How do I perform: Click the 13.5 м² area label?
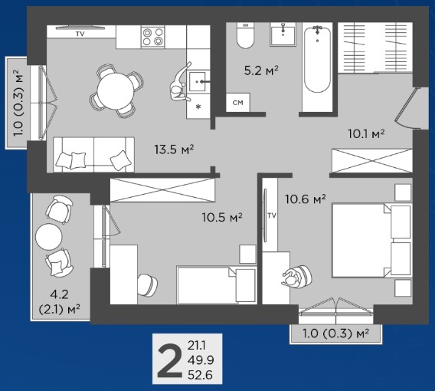[174, 149]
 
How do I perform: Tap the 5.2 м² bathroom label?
[261, 71]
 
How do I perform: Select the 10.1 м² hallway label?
[366, 134]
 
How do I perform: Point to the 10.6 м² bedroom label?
[306, 199]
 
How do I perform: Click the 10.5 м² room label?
[222, 217]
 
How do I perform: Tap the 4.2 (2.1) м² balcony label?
[60, 301]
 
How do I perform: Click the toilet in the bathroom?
[246, 35]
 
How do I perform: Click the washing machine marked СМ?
[237, 103]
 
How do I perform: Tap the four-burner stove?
[152, 37]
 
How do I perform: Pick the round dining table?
[116, 90]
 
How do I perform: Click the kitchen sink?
[198, 81]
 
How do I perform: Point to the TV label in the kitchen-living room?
[80, 34]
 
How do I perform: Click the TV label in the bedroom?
[272, 215]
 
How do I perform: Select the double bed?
[371, 241]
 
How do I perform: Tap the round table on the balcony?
[49, 237]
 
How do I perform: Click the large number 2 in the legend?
[169, 360]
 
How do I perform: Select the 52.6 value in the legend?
[201, 375]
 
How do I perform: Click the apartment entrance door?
[407, 108]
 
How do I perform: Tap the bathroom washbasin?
[283, 34]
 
